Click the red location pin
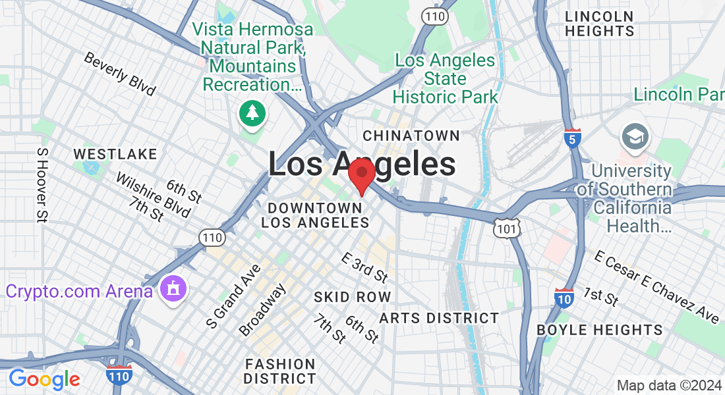point(361,174)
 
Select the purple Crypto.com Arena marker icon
point(173,289)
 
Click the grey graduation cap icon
point(635,137)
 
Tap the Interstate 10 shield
point(564,298)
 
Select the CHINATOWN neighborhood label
point(411,136)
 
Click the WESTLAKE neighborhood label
point(115,154)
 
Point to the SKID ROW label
point(353,297)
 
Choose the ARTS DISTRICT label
point(439,318)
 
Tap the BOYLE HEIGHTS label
point(600,330)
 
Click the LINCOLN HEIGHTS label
point(600,24)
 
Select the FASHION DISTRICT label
point(279,371)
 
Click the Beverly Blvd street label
point(119,74)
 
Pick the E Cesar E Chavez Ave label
point(656,286)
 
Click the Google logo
point(44,379)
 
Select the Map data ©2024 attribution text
point(668,385)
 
